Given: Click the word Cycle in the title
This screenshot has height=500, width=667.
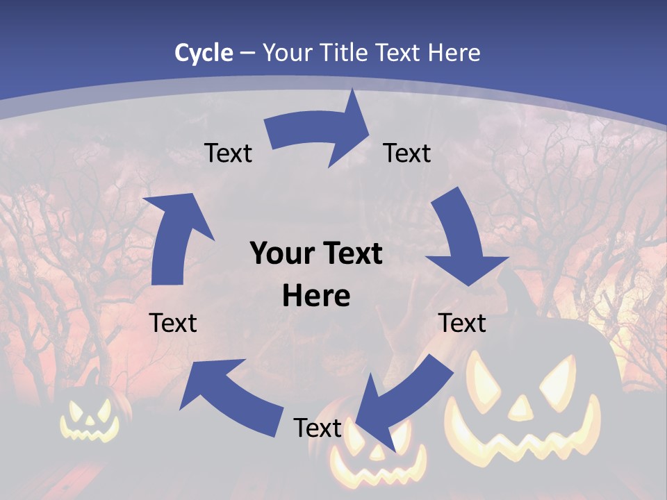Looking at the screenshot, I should point(204,53).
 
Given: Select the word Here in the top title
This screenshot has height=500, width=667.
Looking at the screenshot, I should point(454,53).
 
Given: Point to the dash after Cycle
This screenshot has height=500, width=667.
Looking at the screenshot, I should point(247,53).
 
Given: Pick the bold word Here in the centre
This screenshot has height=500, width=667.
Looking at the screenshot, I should point(316,297).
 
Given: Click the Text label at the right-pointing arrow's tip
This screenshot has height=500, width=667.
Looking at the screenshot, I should point(407,153).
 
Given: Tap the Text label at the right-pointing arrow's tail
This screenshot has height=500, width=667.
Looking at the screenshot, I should point(228,153).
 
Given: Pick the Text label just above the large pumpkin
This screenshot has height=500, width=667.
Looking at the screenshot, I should point(462,323).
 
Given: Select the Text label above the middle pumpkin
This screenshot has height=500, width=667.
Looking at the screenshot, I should point(318,428).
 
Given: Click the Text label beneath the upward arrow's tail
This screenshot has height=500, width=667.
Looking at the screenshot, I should point(173,323).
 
